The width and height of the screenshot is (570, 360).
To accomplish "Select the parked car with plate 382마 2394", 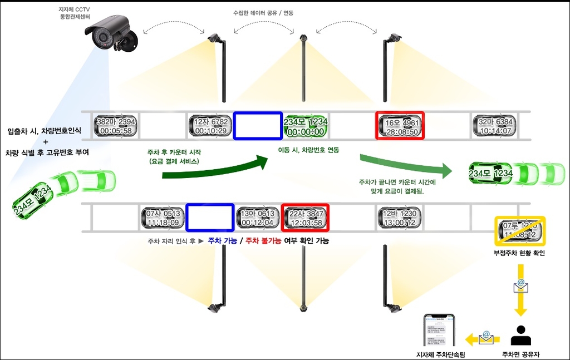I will tap(115, 126).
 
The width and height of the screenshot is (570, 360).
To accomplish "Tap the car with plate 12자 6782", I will tap(210, 126).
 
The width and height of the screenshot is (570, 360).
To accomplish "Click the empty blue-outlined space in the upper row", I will tap(258, 126).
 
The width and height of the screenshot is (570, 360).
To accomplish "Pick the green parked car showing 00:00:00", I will tap(306, 126).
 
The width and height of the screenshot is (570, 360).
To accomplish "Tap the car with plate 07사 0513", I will tap(161, 218).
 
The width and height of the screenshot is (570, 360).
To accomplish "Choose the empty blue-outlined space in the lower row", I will tap(210, 218).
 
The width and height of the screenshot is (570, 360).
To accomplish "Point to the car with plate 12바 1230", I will tap(400, 218).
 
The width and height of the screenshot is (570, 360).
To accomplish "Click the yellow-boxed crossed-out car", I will tap(519, 231).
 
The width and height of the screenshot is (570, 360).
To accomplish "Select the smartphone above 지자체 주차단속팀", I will tap(439, 332).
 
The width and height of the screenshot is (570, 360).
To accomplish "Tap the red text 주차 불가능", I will tap(263, 241).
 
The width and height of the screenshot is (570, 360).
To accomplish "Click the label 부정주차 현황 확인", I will tap(519, 253).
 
